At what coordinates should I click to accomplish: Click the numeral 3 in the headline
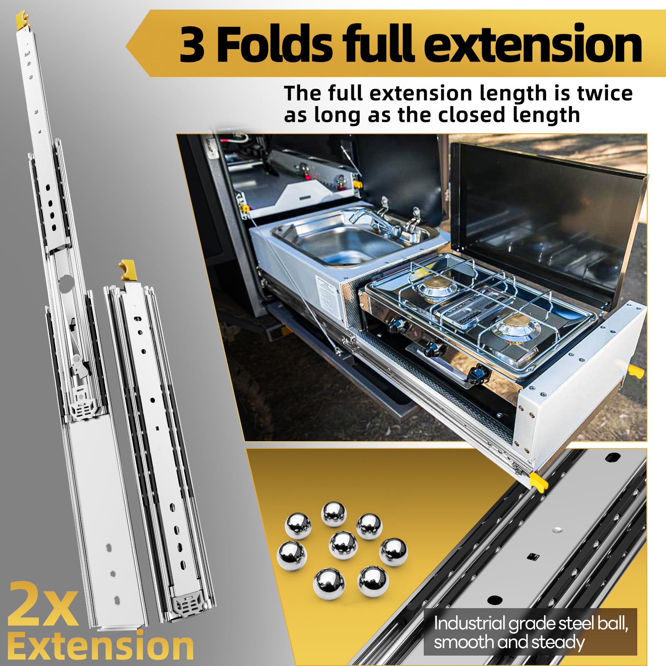pos(192,44)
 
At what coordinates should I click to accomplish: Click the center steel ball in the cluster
pos(343,545)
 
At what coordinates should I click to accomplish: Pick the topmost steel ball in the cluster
pos(334,514)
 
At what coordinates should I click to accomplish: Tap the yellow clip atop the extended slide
pos(22,20)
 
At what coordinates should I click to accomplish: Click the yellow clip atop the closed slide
pos(127,270)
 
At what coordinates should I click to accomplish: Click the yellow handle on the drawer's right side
pos(636,370)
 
